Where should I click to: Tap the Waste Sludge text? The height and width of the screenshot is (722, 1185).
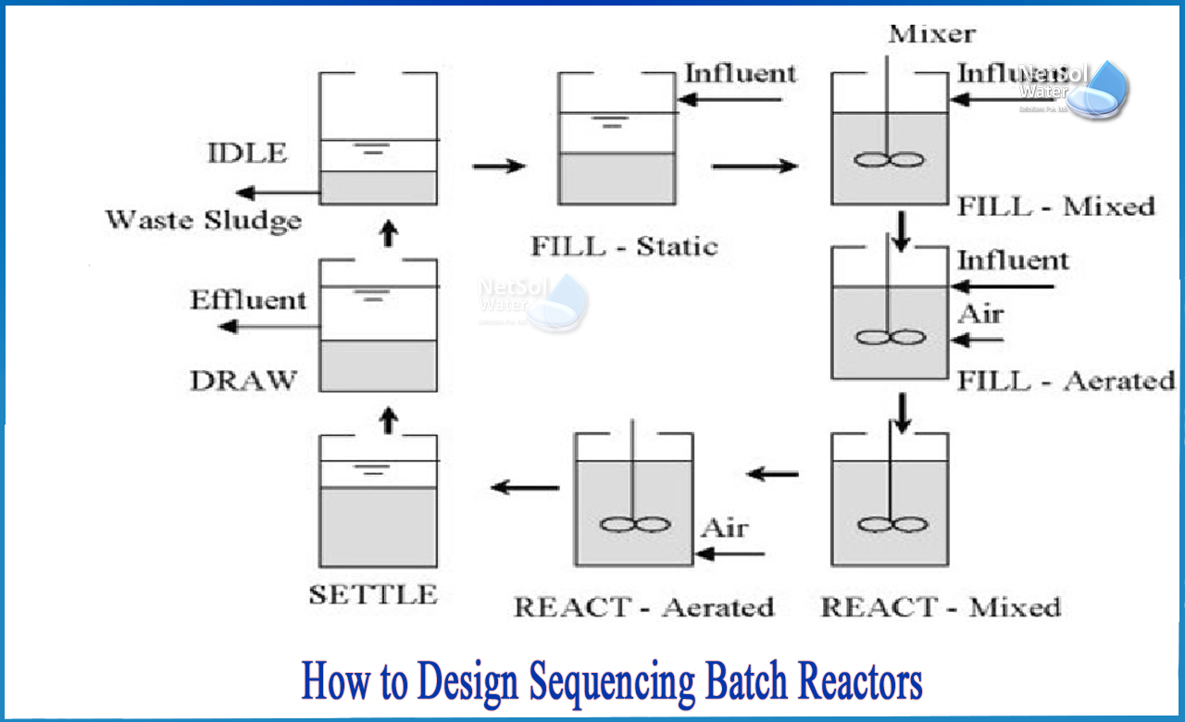[203, 220]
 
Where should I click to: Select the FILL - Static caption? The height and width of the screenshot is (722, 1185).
[623, 247]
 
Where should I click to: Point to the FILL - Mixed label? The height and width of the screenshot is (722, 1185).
[1055, 206]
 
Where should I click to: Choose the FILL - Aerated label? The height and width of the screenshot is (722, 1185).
[1066, 380]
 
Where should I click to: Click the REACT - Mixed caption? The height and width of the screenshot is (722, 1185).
[941, 608]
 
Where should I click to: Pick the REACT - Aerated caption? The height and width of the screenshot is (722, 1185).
[643, 608]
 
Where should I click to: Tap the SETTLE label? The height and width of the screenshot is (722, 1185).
[372, 595]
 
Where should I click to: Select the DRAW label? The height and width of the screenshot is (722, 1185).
[243, 380]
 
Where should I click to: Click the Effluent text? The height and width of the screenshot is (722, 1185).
[247, 301]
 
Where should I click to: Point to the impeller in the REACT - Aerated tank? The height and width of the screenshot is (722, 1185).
[634, 524]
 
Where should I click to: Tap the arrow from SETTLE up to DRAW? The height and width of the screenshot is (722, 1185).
[389, 421]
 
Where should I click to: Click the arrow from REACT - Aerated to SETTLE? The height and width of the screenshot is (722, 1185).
[525, 487]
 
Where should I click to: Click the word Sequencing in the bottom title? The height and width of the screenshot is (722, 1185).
[611, 683]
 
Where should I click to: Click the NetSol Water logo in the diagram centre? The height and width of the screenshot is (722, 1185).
[532, 301]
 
